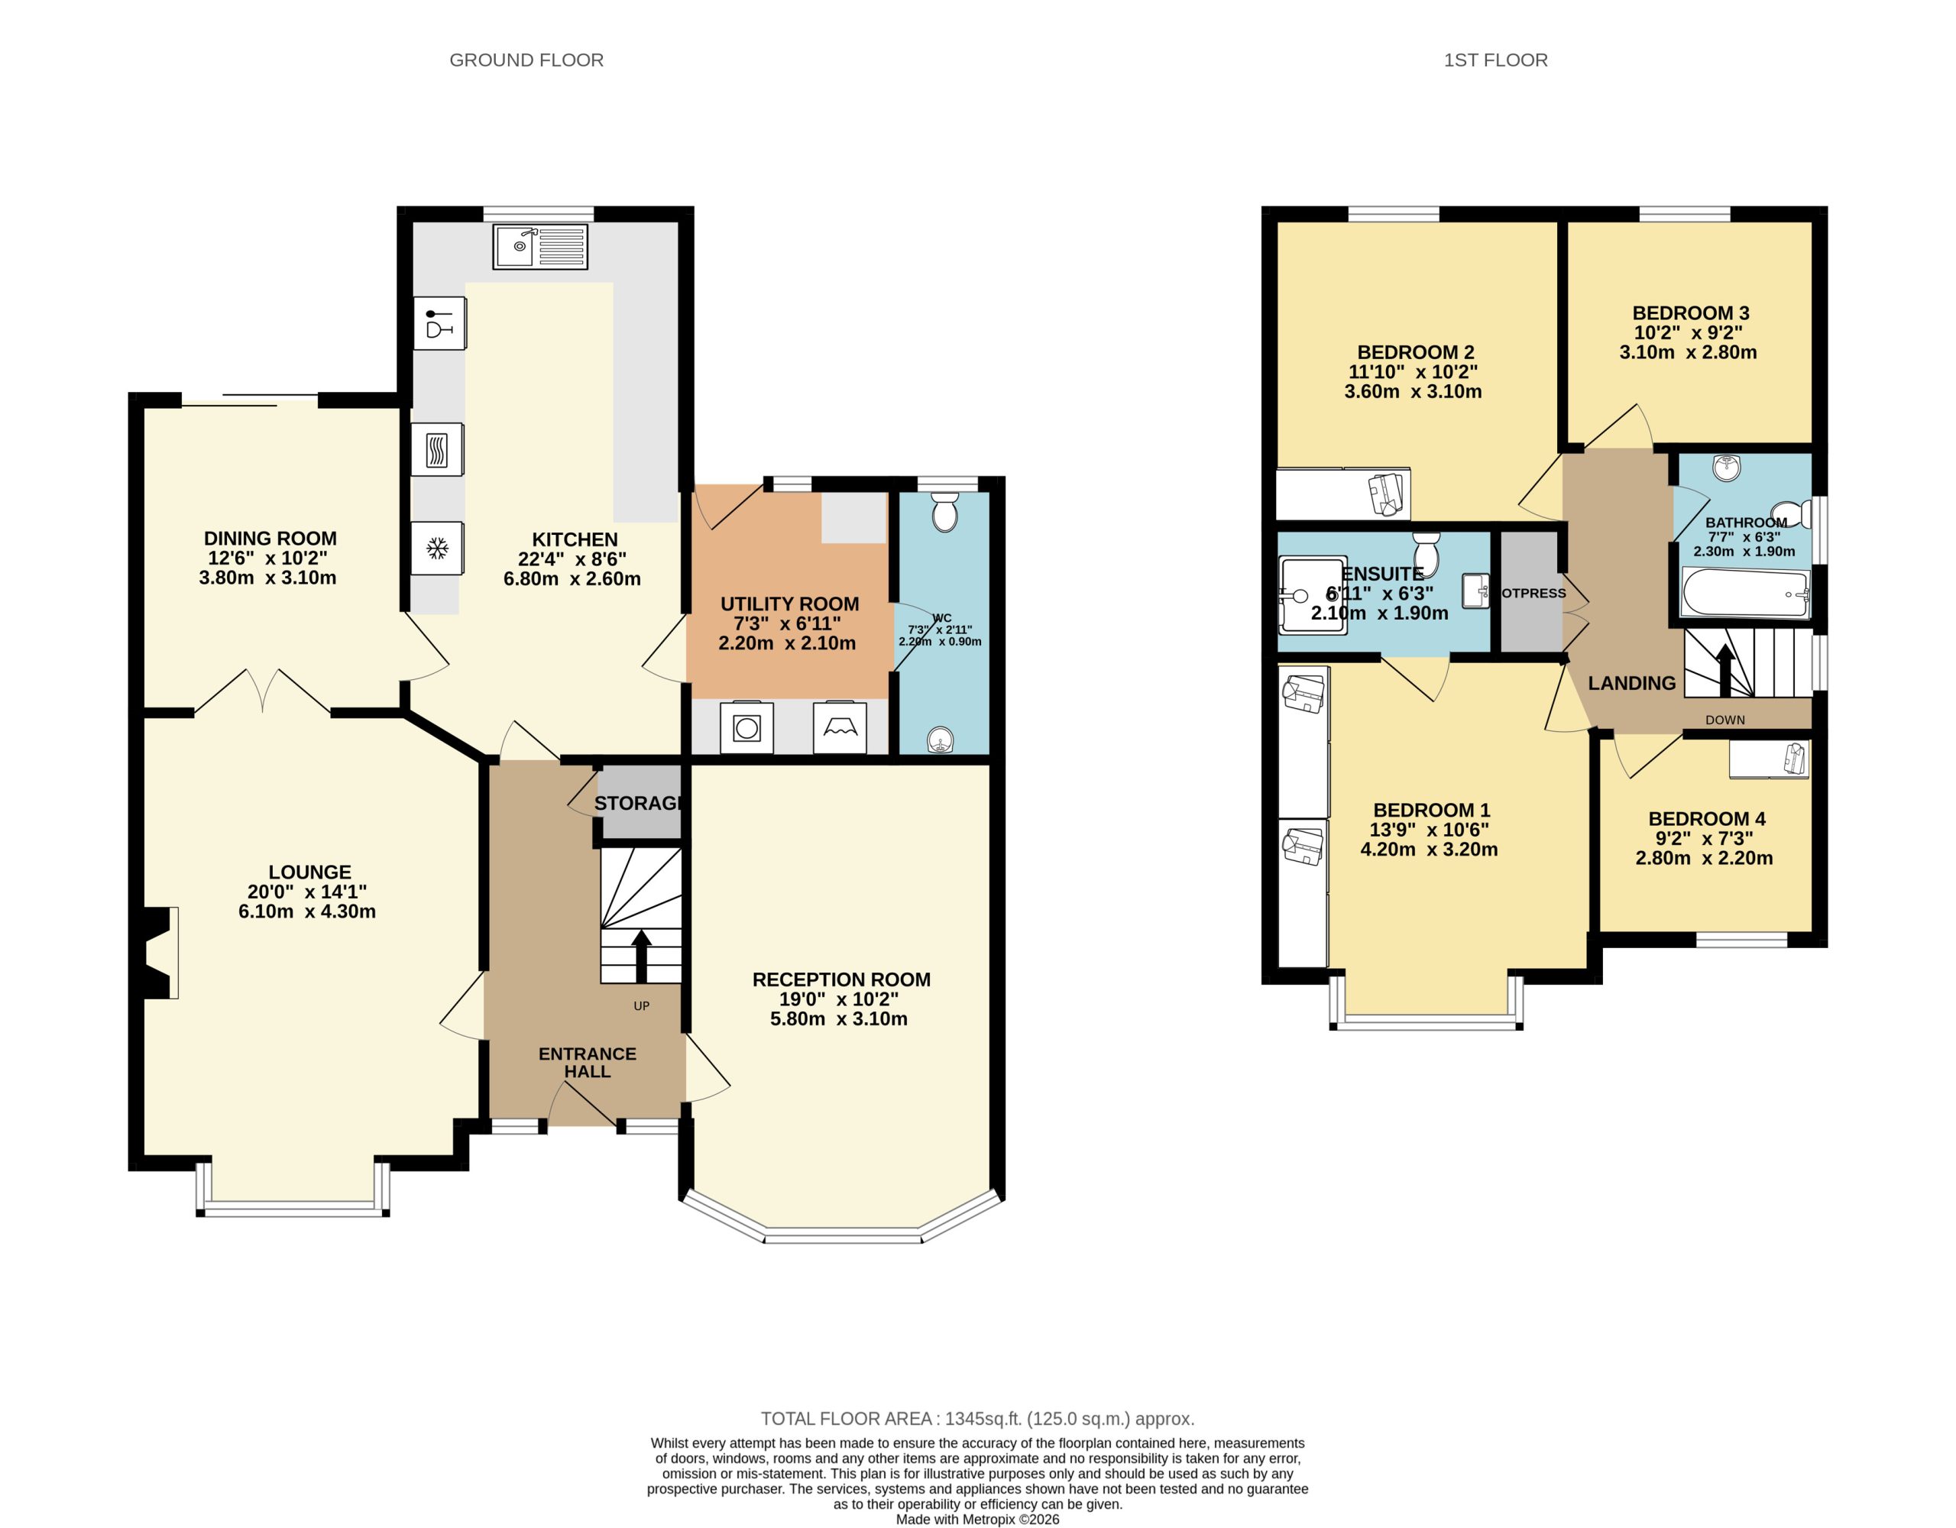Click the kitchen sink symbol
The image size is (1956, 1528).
(540, 246)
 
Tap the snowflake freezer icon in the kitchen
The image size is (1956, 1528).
(437, 547)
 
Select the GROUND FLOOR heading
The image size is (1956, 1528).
(526, 60)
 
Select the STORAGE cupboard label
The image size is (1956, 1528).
(639, 802)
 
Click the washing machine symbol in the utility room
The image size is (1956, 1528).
(746, 727)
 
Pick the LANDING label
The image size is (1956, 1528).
(1631, 683)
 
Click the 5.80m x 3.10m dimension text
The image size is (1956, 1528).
(838, 1018)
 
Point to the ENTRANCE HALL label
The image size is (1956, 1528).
(587, 1062)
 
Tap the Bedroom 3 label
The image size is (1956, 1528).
(1690, 313)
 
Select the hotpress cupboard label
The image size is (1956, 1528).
(1533, 593)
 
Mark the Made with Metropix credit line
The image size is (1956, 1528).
(977, 1519)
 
